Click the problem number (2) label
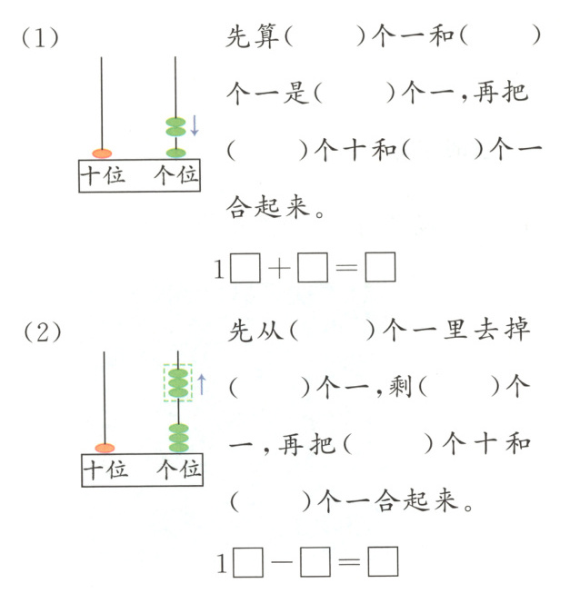pyautogui.click(x=42, y=332)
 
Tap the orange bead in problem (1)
pyautogui.click(x=102, y=153)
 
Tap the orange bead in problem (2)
pyautogui.click(x=105, y=447)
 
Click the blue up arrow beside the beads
pyautogui.click(x=202, y=384)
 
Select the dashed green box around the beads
pyautogui.click(x=177, y=384)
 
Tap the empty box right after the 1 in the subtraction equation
pyautogui.click(x=246, y=564)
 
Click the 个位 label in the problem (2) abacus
pyautogui.click(x=178, y=470)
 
